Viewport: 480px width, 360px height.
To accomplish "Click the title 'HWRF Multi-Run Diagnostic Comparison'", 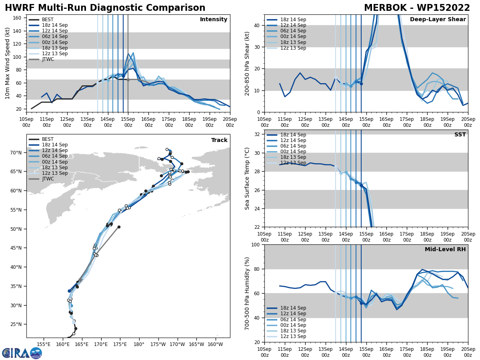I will (x=105, y=8).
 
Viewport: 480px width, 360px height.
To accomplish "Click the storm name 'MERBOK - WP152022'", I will (x=417, y=8).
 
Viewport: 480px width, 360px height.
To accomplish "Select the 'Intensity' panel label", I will (x=214, y=20).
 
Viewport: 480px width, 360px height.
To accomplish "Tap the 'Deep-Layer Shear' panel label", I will (x=438, y=20).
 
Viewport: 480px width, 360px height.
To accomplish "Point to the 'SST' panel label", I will (x=460, y=135).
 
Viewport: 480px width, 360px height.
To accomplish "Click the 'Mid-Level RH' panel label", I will (x=445, y=250).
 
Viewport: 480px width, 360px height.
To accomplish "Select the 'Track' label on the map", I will (x=219, y=140).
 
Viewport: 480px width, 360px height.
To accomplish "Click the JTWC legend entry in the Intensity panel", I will (x=48, y=59).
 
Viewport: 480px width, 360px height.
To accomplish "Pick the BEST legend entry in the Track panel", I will (x=48, y=139).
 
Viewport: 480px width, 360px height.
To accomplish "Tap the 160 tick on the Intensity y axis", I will (x=18, y=18).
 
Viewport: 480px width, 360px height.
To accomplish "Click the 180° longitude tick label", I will (x=139, y=344).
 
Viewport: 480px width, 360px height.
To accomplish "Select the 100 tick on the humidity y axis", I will (x=256, y=244).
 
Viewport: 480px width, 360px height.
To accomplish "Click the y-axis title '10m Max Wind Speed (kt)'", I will (x=8, y=63).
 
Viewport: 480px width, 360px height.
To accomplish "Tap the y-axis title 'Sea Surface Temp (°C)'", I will (x=247, y=178).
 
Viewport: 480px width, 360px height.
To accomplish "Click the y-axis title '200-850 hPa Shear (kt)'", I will (x=247, y=63).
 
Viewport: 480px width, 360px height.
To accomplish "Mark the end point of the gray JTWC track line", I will (x=119, y=227).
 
